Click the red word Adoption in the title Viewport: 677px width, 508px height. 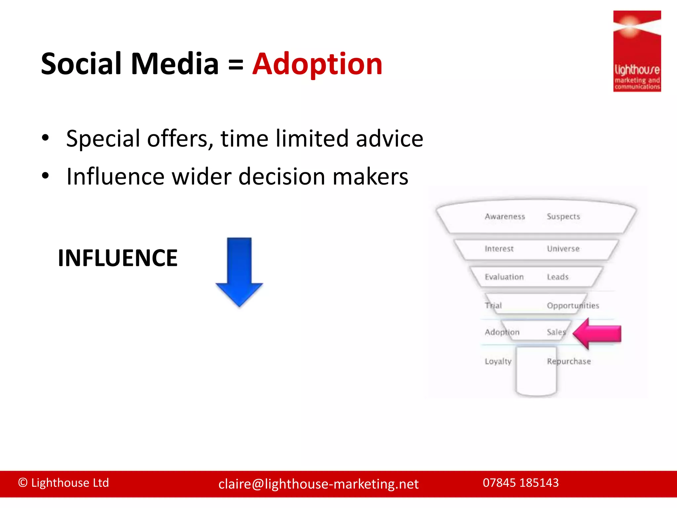click(x=317, y=64)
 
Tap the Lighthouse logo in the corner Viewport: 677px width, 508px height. click(x=637, y=51)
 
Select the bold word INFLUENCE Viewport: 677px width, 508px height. click(x=118, y=258)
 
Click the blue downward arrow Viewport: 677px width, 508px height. click(x=239, y=271)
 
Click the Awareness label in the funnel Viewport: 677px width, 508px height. click(x=505, y=217)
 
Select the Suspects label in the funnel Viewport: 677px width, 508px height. click(x=563, y=217)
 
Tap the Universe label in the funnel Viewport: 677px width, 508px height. click(x=563, y=249)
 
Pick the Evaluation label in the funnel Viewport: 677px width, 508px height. click(x=504, y=277)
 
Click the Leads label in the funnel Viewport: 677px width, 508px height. click(x=558, y=277)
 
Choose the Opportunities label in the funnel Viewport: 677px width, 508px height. click(x=573, y=306)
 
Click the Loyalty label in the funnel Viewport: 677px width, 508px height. click(x=498, y=361)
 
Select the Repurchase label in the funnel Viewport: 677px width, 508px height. click(x=569, y=361)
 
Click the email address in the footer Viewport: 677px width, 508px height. click(x=318, y=484)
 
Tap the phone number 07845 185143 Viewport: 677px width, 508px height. click(x=521, y=483)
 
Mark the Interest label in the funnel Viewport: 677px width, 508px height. click(x=499, y=249)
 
